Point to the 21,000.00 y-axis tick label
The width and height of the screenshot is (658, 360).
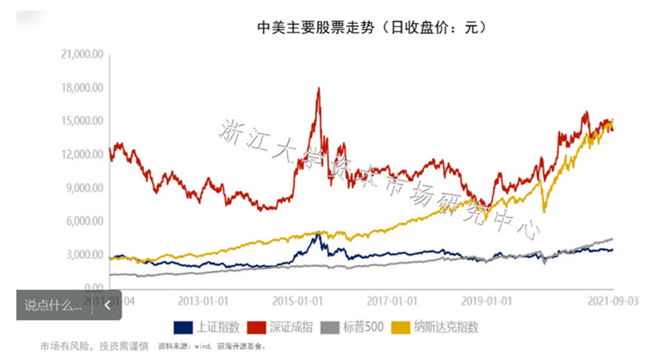coord(82,54)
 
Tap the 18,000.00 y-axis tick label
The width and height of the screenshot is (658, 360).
coord(82,88)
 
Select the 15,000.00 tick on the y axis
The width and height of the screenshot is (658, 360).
coord(82,121)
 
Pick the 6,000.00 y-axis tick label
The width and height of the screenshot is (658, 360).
coord(84,222)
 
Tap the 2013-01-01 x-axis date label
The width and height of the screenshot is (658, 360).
coord(204,300)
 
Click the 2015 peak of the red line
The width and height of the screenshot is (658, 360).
coord(319,88)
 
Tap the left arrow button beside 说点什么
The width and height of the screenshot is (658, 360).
coord(106,304)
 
